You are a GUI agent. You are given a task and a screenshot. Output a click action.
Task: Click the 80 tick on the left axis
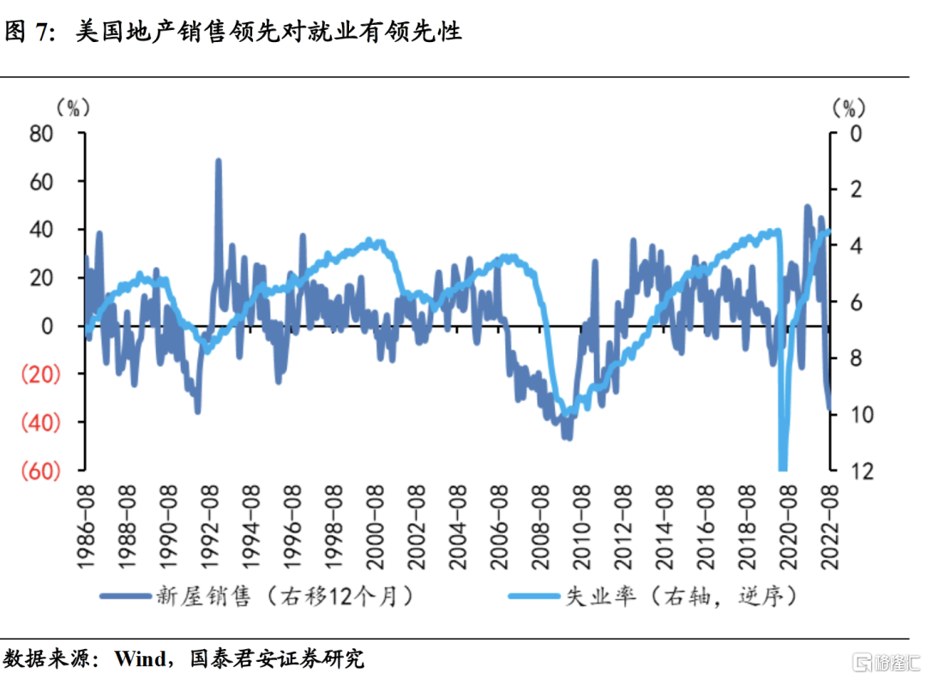tap(42, 134)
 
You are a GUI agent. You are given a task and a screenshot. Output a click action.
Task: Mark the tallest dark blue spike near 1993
tap(218, 162)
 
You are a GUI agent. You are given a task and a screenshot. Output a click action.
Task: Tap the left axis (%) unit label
tap(72, 107)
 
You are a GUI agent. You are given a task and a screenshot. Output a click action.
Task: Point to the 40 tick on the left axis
tap(42, 230)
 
